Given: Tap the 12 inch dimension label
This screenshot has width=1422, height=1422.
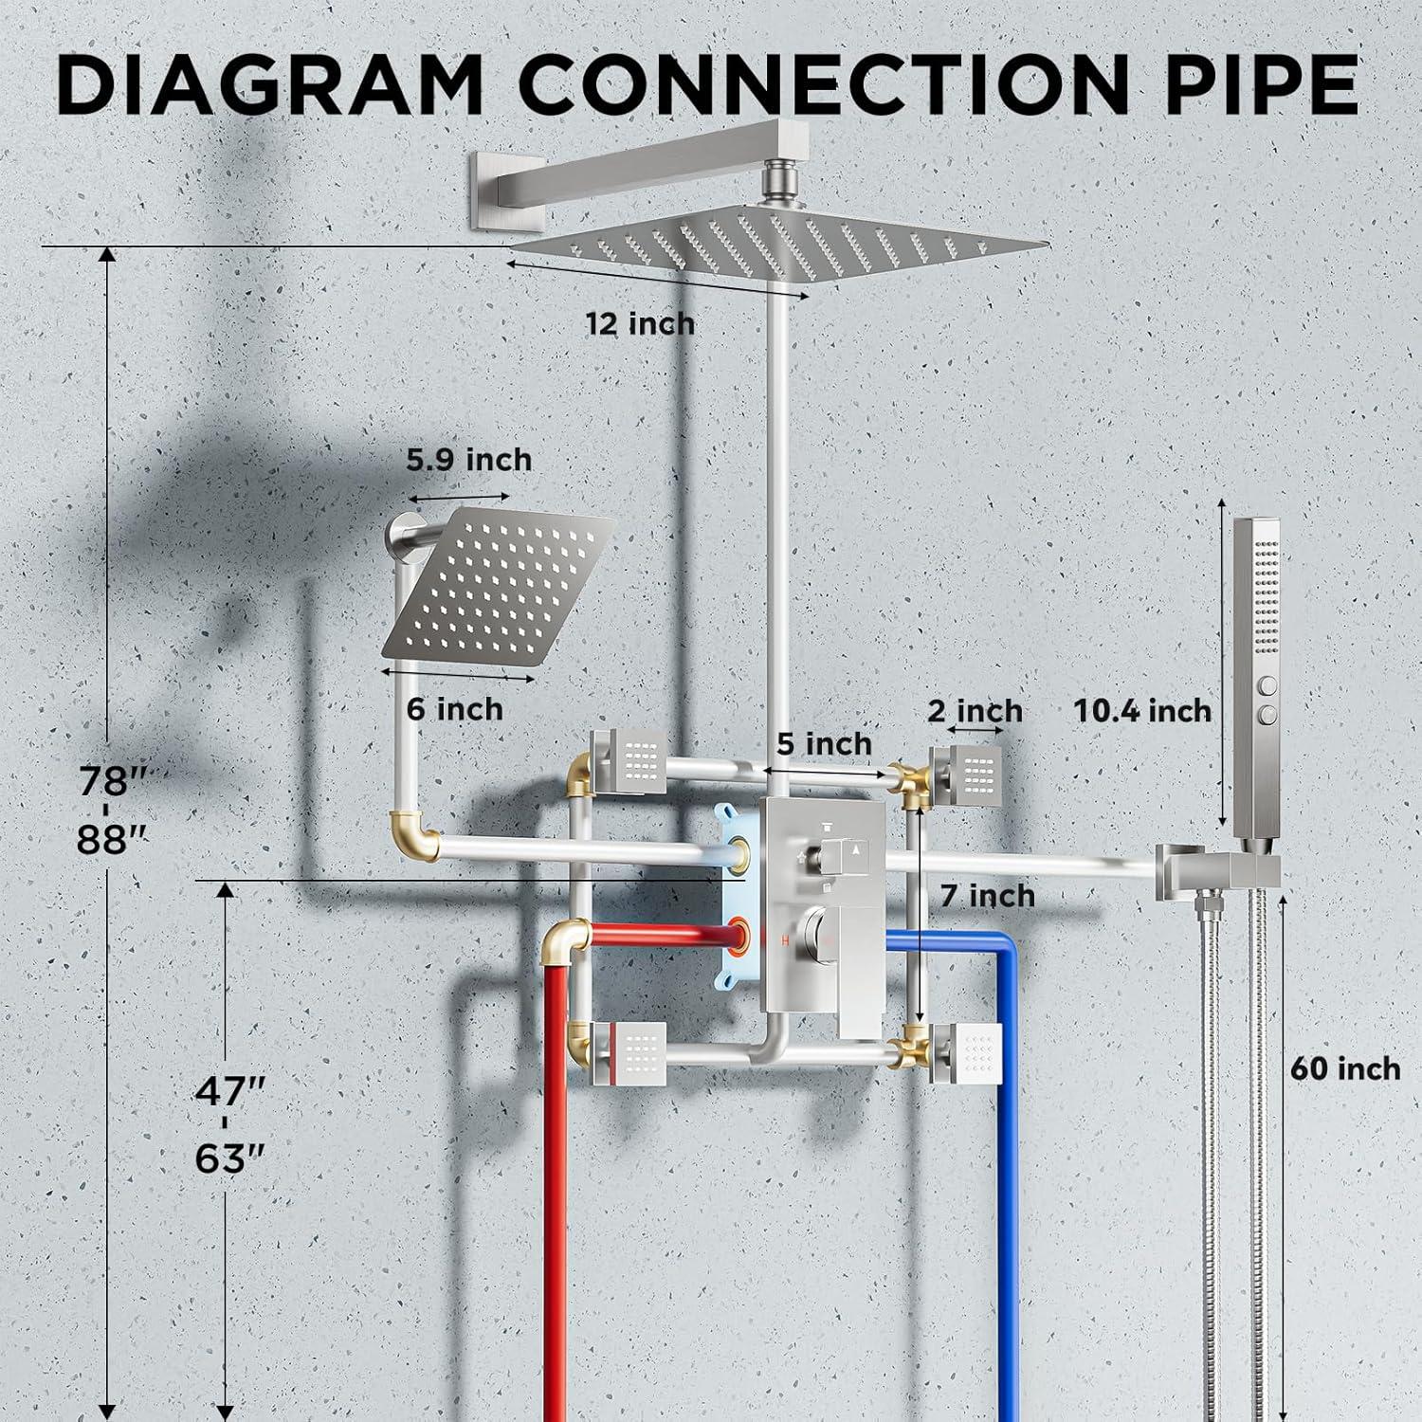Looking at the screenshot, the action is pyautogui.click(x=640, y=324).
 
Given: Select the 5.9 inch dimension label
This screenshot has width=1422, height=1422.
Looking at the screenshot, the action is pyautogui.click(x=469, y=460).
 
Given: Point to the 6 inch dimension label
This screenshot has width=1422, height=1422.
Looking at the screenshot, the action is pyautogui.click(x=455, y=708).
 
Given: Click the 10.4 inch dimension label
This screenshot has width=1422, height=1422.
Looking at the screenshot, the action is pyautogui.click(x=1142, y=710).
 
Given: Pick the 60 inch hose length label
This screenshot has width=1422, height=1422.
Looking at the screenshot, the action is pyautogui.click(x=1345, y=1068).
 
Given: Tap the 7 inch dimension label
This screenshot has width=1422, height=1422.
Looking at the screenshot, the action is pyautogui.click(x=988, y=895).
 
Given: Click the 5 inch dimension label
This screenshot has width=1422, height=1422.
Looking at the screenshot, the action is pyautogui.click(x=824, y=744).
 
